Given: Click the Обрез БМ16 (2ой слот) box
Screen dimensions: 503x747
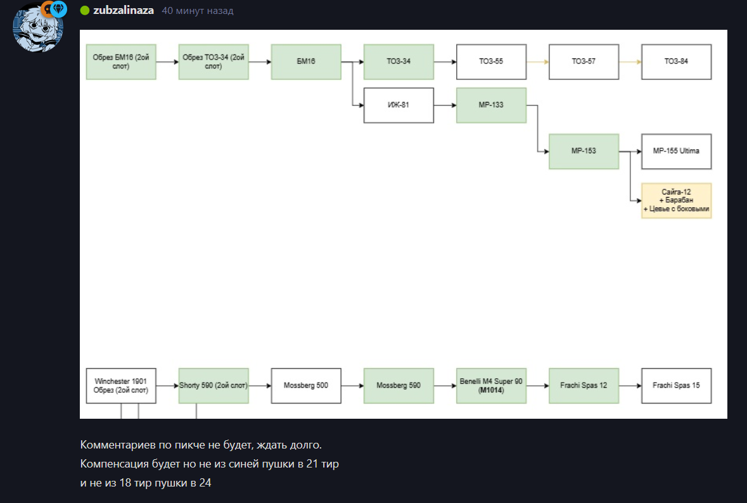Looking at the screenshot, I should [121, 61].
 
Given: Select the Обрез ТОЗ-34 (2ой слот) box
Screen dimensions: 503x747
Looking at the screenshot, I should [214, 61].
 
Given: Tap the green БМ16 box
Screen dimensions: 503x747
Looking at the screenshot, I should [306, 61].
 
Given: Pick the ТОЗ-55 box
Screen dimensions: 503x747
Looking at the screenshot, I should [492, 61].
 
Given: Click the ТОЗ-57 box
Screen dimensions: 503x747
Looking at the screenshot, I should [584, 61].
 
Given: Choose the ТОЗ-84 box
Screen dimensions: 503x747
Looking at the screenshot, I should [677, 61].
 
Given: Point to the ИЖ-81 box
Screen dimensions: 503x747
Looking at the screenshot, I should [399, 105].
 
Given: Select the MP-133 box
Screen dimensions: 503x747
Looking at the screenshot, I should [492, 105].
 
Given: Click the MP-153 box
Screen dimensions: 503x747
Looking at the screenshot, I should [584, 151].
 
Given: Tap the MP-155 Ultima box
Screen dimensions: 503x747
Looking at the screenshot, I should [677, 151].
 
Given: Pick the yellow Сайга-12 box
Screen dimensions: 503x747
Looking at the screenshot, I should [677, 201].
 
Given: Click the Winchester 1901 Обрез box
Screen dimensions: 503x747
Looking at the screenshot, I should [121, 386].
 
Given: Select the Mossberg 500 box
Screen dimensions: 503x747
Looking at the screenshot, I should [306, 386].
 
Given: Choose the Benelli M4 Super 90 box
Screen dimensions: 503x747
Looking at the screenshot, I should [492, 386].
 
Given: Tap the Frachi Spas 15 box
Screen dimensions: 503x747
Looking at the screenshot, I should [677, 386].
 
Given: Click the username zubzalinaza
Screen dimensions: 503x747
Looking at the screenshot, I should [124, 11].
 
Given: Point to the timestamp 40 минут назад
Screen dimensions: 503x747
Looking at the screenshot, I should [198, 11].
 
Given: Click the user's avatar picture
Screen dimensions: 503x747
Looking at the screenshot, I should [38, 27].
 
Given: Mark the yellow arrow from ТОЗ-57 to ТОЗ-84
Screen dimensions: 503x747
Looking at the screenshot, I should [630, 61].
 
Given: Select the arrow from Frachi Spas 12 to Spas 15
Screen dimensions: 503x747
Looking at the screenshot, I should [630, 386].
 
